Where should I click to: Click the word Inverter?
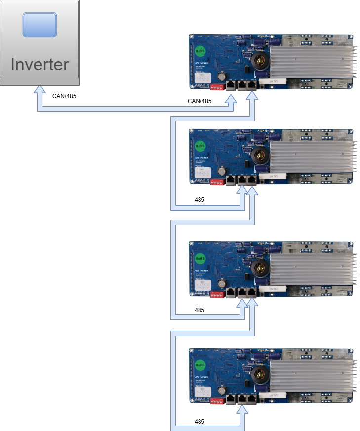[x=40, y=64]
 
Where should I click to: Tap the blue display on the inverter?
[x=40, y=25]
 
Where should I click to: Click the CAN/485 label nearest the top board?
[x=200, y=101]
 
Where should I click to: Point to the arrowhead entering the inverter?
[x=38, y=91]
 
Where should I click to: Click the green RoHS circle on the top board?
[x=200, y=51]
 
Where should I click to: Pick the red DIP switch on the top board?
[x=217, y=87]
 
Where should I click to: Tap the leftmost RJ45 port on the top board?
[x=231, y=85]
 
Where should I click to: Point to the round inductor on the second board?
[x=259, y=155]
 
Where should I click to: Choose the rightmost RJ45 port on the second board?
[x=252, y=180]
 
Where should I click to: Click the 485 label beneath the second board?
[x=200, y=200]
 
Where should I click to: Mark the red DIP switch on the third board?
[x=217, y=295]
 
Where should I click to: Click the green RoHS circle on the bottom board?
[x=200, y=365]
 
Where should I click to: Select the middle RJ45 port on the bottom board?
[x=241, y=399]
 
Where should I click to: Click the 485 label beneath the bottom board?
[x=200, y=422]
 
